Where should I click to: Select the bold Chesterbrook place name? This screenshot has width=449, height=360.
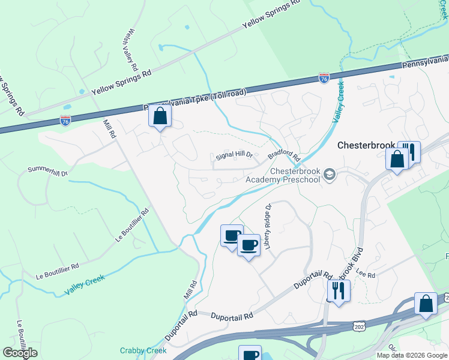366,145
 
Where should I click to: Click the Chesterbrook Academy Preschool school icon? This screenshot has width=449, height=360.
329,175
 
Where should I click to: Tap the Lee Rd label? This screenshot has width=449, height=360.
365,274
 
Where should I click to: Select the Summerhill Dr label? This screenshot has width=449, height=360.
48,170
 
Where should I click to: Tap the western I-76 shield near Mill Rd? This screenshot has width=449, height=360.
65,121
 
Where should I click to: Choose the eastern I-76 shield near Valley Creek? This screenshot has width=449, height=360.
324,79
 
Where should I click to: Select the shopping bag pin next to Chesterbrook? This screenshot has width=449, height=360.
397,159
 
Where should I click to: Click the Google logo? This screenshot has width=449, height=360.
20,353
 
